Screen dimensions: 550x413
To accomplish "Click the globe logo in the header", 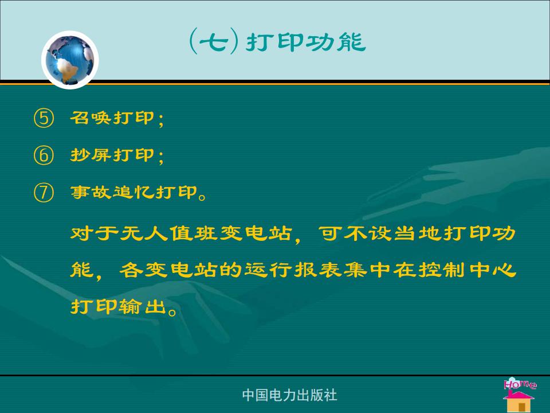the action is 70,60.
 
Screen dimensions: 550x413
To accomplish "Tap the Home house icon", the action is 519,395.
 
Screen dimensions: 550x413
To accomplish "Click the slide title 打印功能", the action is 306,42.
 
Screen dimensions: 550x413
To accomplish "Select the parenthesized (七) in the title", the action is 214,42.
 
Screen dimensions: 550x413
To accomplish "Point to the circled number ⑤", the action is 44,118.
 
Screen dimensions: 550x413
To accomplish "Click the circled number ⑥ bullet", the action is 44,155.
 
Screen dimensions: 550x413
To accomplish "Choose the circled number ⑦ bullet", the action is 44,193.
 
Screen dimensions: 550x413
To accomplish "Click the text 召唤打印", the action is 112,118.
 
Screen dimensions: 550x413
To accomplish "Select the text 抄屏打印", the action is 112,155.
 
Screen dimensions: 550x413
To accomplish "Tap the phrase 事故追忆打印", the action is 133,192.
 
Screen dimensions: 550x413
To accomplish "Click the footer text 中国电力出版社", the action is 290,395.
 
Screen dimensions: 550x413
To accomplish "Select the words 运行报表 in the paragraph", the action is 293,270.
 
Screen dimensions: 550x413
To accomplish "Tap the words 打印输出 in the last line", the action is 118,306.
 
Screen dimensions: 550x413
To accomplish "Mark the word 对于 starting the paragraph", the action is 94,233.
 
